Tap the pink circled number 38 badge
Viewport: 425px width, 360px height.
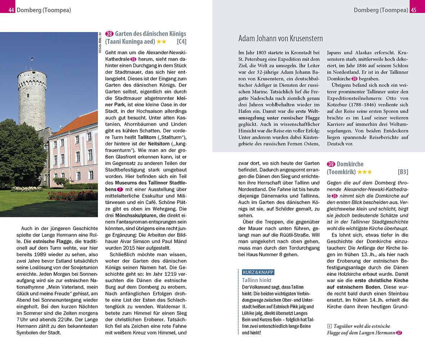pos(109,34)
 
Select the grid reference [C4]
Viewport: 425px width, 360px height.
pos(181,42)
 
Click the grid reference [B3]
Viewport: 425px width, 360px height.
pos(403,172)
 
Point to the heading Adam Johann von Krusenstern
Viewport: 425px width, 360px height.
pos(281,39)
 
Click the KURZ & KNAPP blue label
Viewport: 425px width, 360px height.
pos(258,272)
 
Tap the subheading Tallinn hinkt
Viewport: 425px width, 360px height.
pos(256,280)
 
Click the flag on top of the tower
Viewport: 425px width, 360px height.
pos(32,59)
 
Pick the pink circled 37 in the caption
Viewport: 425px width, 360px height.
pos(399,333)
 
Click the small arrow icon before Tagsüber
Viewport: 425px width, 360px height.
pos(329,326)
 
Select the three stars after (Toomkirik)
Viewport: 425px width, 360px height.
pos(365,172)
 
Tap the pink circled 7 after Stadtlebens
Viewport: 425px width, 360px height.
pos(120,189)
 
